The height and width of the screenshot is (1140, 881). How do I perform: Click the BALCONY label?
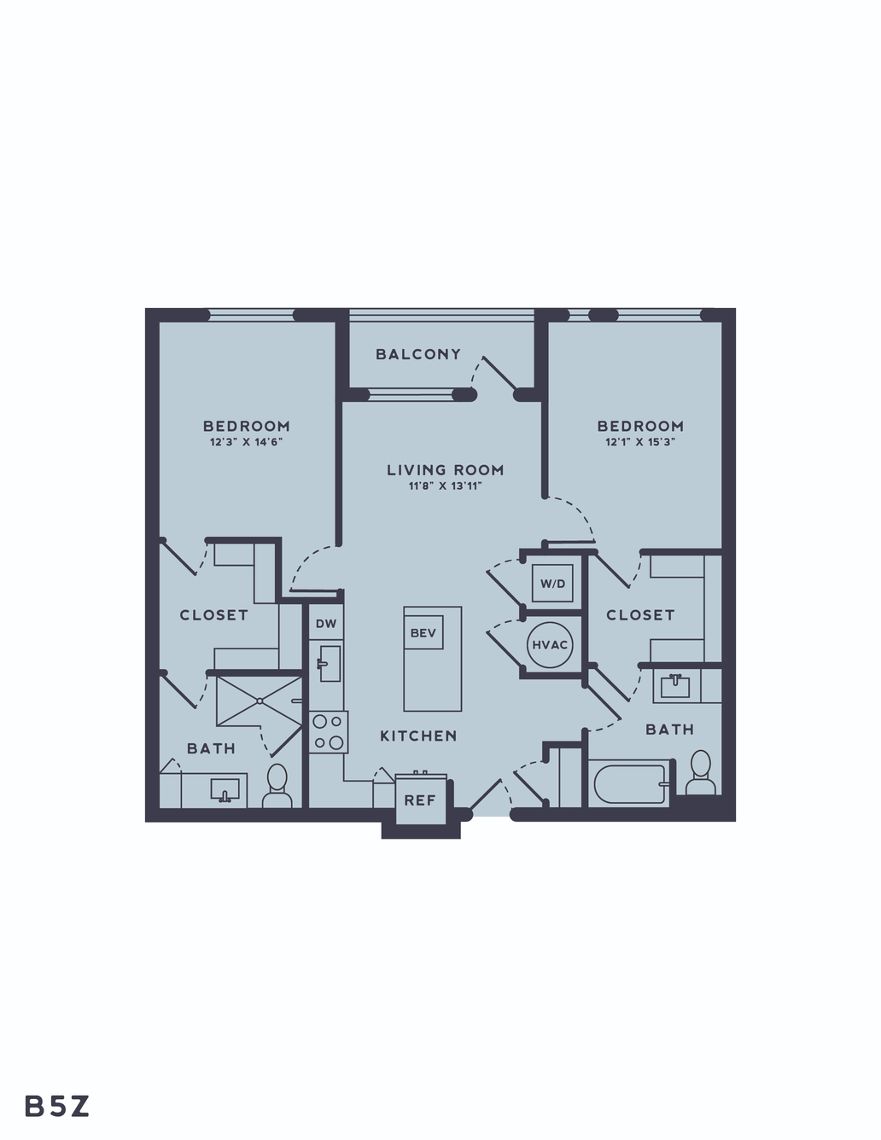click(418, 354)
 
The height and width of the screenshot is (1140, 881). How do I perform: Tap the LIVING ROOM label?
click(446, 470)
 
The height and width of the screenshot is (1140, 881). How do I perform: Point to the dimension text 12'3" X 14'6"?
click(246, 442)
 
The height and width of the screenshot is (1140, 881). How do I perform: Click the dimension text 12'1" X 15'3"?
click(640, 442)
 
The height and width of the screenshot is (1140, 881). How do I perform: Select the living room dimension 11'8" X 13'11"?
click(446, 486)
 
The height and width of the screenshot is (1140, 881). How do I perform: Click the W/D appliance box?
click(552, 583)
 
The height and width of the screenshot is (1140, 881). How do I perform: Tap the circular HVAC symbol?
click(550, 645)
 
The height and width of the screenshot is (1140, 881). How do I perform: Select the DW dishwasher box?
click(326, 623)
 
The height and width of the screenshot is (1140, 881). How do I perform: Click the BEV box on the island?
click(423, 632)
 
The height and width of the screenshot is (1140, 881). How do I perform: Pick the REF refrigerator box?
click(420, 800)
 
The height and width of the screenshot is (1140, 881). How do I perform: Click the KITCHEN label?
click(418, 736)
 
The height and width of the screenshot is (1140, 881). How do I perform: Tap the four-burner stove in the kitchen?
click(328, 732)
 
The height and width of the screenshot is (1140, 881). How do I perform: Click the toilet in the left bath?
click(277, 787)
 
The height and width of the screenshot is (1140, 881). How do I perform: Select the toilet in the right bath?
click(701, 773)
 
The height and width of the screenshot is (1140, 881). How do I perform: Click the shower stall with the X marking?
click(260, 701)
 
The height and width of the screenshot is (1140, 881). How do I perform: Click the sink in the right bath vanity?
click(675, 686)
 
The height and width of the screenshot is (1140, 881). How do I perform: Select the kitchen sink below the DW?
click(329, 664)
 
